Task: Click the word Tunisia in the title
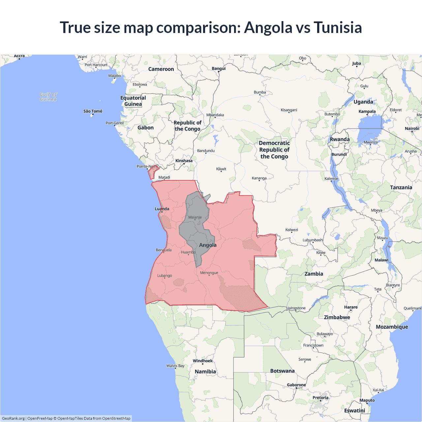click(338, 28)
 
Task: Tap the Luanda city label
click(162, 209)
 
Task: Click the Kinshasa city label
click(184, 161)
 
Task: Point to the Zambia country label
click(314, 274)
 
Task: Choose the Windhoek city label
click(202, 361)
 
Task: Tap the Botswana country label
click(282, 371)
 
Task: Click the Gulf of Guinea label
click(48, 97)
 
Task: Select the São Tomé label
click(93, 111)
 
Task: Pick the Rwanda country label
click(340, 139)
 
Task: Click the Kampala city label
click(367, 111)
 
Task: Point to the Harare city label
click(351, 307)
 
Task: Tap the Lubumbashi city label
click(313, 240)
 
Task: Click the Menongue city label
click(209, 273)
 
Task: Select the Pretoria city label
click(320, 398)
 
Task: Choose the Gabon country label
click(145, 128)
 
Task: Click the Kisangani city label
click(289, 110)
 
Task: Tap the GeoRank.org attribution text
click(13, 418)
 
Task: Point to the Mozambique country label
click(392, 327)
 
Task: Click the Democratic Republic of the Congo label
click(274, 150)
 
